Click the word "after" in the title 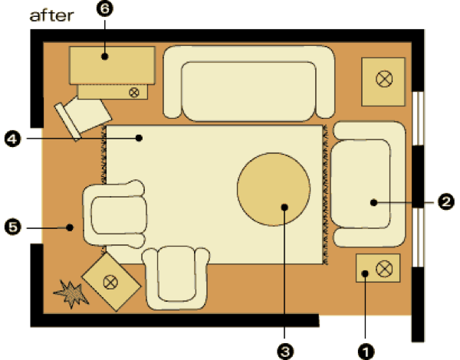click(51, 15)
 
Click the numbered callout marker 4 click(11, 139)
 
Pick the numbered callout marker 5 click(11, 227)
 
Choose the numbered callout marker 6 click(105, 9)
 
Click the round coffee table click(274, 191)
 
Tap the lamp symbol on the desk click(134, 93)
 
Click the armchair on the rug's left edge click(115, 216)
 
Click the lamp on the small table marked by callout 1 click(384, 268)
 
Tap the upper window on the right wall click(418, 118)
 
